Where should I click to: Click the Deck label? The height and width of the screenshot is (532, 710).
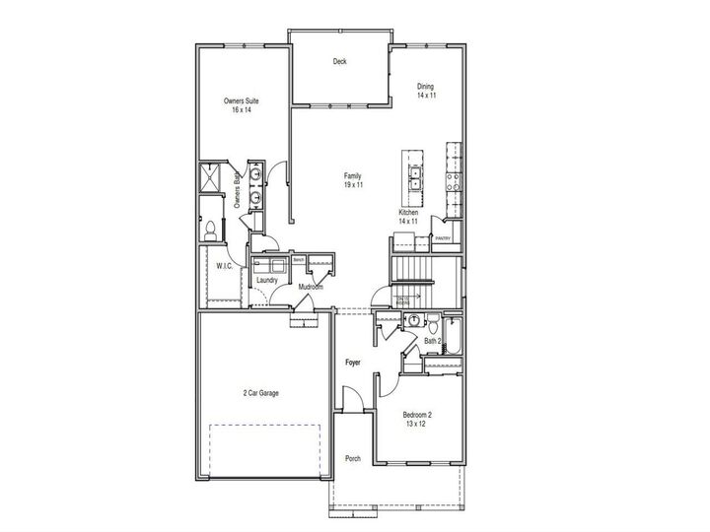[x=339, y=62]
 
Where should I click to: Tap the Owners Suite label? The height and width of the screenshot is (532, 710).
[x=241, y=105]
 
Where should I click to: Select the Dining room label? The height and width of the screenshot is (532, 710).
[x=425, y=91]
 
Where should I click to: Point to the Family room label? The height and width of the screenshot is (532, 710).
[x=353, y=180]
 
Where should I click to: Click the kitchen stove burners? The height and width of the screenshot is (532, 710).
[x=455, y=181]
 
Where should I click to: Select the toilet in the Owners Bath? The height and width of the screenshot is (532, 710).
[x=210, y=229]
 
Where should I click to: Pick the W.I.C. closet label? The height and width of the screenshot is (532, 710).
[x=225, y=266]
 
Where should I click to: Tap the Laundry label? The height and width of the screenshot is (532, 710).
[x=266, y=281]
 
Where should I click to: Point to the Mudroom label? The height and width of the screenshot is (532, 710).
[x=312, y=287]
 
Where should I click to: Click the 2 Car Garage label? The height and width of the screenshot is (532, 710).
[x=261, y=393]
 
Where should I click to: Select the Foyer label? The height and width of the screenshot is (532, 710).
[x=352, y=364]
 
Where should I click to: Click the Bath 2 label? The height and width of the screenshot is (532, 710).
[x=432, y=341]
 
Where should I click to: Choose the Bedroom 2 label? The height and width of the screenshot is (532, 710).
[x=417, y=420]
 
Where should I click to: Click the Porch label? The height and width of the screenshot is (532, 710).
[x=352, y=459]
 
